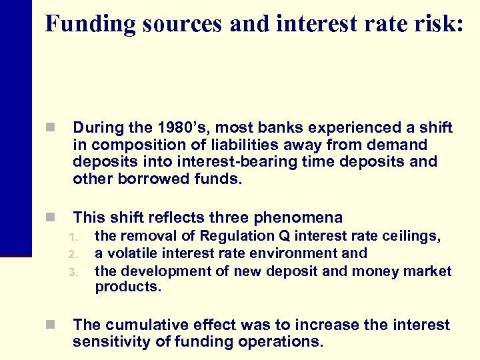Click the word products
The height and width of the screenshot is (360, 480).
(128, 287)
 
